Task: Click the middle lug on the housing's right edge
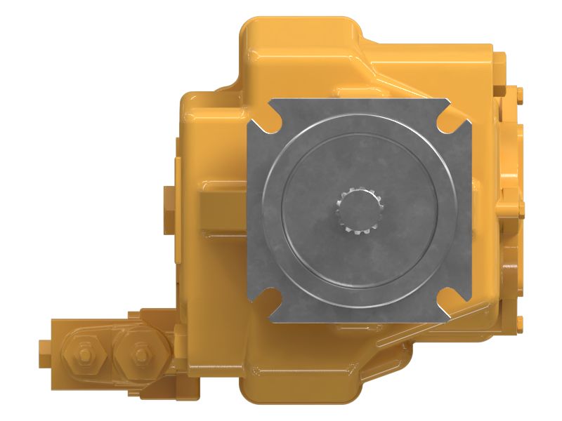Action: (x=518, y=208)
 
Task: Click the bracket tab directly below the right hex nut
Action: (x=140, y=383)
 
